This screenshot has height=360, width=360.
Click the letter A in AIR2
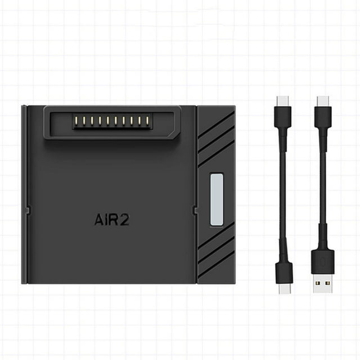pos(98,219)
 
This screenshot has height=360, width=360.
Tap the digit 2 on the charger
pos(124,219)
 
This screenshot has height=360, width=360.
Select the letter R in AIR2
pos(113,219)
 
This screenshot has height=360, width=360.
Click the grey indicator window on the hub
pos(217,200)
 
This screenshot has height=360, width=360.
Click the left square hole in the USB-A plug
pos(318,283)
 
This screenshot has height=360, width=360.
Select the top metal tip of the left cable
pos(283,101)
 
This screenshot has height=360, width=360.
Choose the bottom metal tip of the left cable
pos(285,289)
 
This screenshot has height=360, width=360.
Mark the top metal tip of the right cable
pos(322,101)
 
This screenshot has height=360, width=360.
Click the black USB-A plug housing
pos(322,262)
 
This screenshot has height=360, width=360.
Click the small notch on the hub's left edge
pos(28,210)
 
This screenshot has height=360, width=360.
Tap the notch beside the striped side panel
pos(195,210)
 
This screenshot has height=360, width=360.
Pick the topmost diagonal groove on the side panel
pos(216,125)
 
